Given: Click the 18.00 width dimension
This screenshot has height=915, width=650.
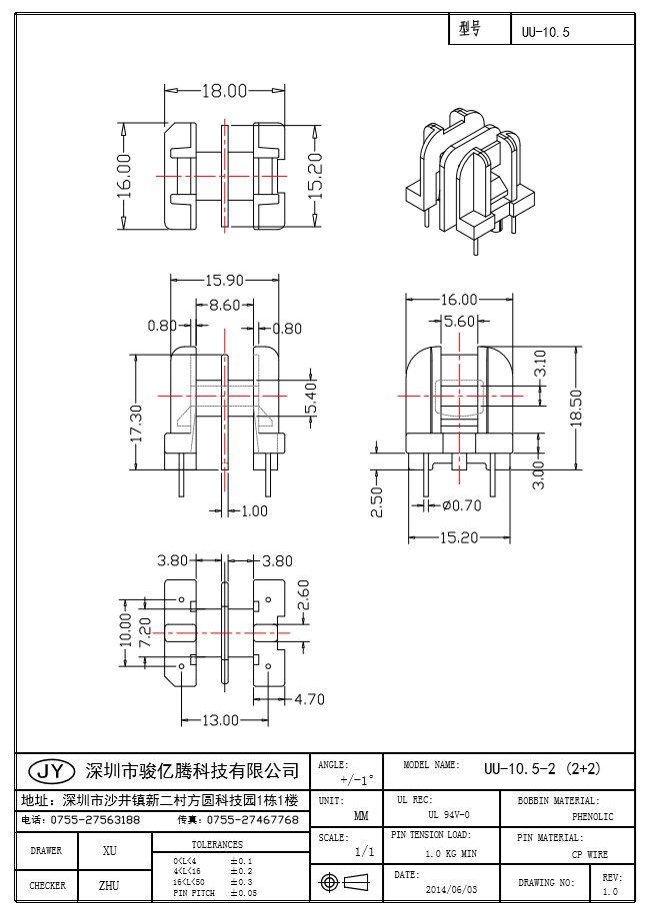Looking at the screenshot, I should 224,91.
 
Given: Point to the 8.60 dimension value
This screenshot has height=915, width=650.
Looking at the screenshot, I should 224,306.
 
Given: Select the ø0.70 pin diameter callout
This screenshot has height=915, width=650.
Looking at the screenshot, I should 461,505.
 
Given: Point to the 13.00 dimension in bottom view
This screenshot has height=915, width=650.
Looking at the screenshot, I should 221,720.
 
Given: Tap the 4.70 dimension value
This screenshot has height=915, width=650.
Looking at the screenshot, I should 309,699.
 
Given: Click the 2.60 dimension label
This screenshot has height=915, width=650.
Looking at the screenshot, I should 304,596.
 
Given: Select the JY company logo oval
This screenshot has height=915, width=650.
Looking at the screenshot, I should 50,771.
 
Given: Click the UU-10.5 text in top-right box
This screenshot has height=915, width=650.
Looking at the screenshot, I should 545,32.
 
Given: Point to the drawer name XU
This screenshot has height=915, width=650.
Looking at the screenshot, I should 110,851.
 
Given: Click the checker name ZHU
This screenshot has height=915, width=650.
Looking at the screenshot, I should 110,886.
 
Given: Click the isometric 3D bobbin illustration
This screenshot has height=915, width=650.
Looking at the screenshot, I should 468,177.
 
